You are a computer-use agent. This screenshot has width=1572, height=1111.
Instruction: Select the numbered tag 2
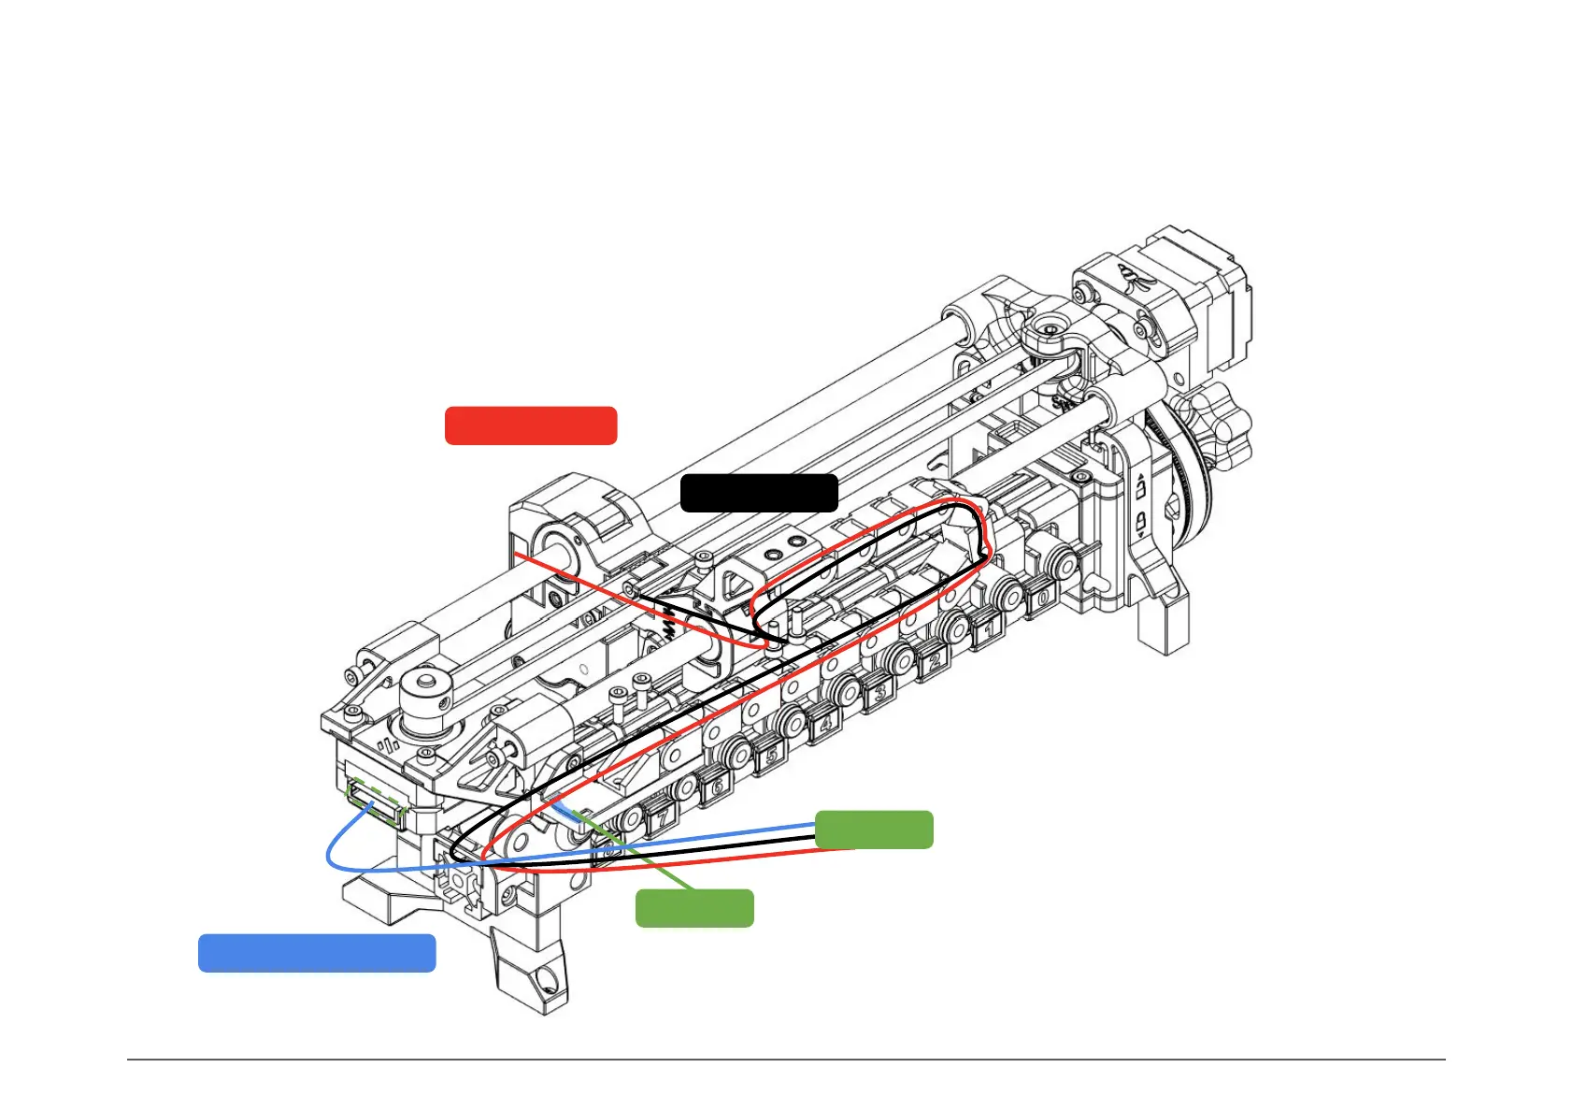point(934,662)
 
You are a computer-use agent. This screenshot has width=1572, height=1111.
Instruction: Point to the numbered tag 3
point(879,693)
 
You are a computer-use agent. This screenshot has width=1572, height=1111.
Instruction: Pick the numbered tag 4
point(824,724)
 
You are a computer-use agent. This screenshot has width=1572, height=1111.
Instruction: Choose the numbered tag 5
point(771,756)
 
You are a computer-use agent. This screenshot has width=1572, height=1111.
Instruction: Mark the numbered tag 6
point(717,787)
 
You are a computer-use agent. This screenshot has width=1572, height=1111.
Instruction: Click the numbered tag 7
point(662,818)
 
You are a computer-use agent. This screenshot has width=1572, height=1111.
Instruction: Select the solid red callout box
point(530,426)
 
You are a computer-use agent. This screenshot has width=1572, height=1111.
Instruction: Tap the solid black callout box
point(758,493)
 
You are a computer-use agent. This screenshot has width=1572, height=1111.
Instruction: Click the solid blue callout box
point(317,953)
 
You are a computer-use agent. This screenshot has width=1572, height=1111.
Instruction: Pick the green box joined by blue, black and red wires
point(874,830)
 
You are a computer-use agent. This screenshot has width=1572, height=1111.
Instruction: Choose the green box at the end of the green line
point(694,908)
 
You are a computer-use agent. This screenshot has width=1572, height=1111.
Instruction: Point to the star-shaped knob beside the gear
point(1208,421)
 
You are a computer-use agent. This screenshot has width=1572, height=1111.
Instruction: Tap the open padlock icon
point(1141,488)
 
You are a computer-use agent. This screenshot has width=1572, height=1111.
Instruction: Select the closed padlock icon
point(1141,521)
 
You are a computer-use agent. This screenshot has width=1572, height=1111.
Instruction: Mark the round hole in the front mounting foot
point(548,982)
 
